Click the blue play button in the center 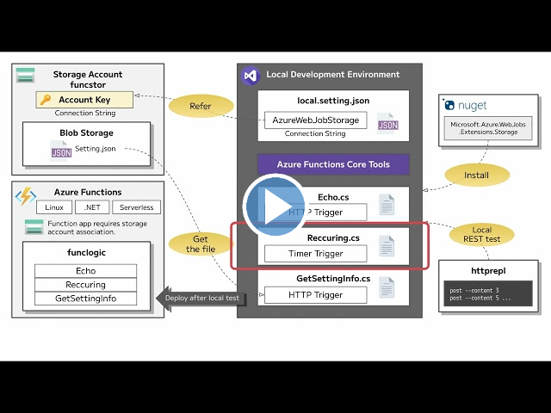275,206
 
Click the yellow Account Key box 84,100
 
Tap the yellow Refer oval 201,108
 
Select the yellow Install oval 476,176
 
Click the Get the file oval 201,244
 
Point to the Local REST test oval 482,235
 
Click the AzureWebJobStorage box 315,120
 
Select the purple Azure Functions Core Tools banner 333,164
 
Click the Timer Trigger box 315,254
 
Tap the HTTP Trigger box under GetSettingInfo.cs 315,295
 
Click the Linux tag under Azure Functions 53,207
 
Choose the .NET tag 92,207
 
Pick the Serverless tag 136,207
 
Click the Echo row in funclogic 85,271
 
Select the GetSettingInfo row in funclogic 85,299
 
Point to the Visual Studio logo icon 250,75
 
